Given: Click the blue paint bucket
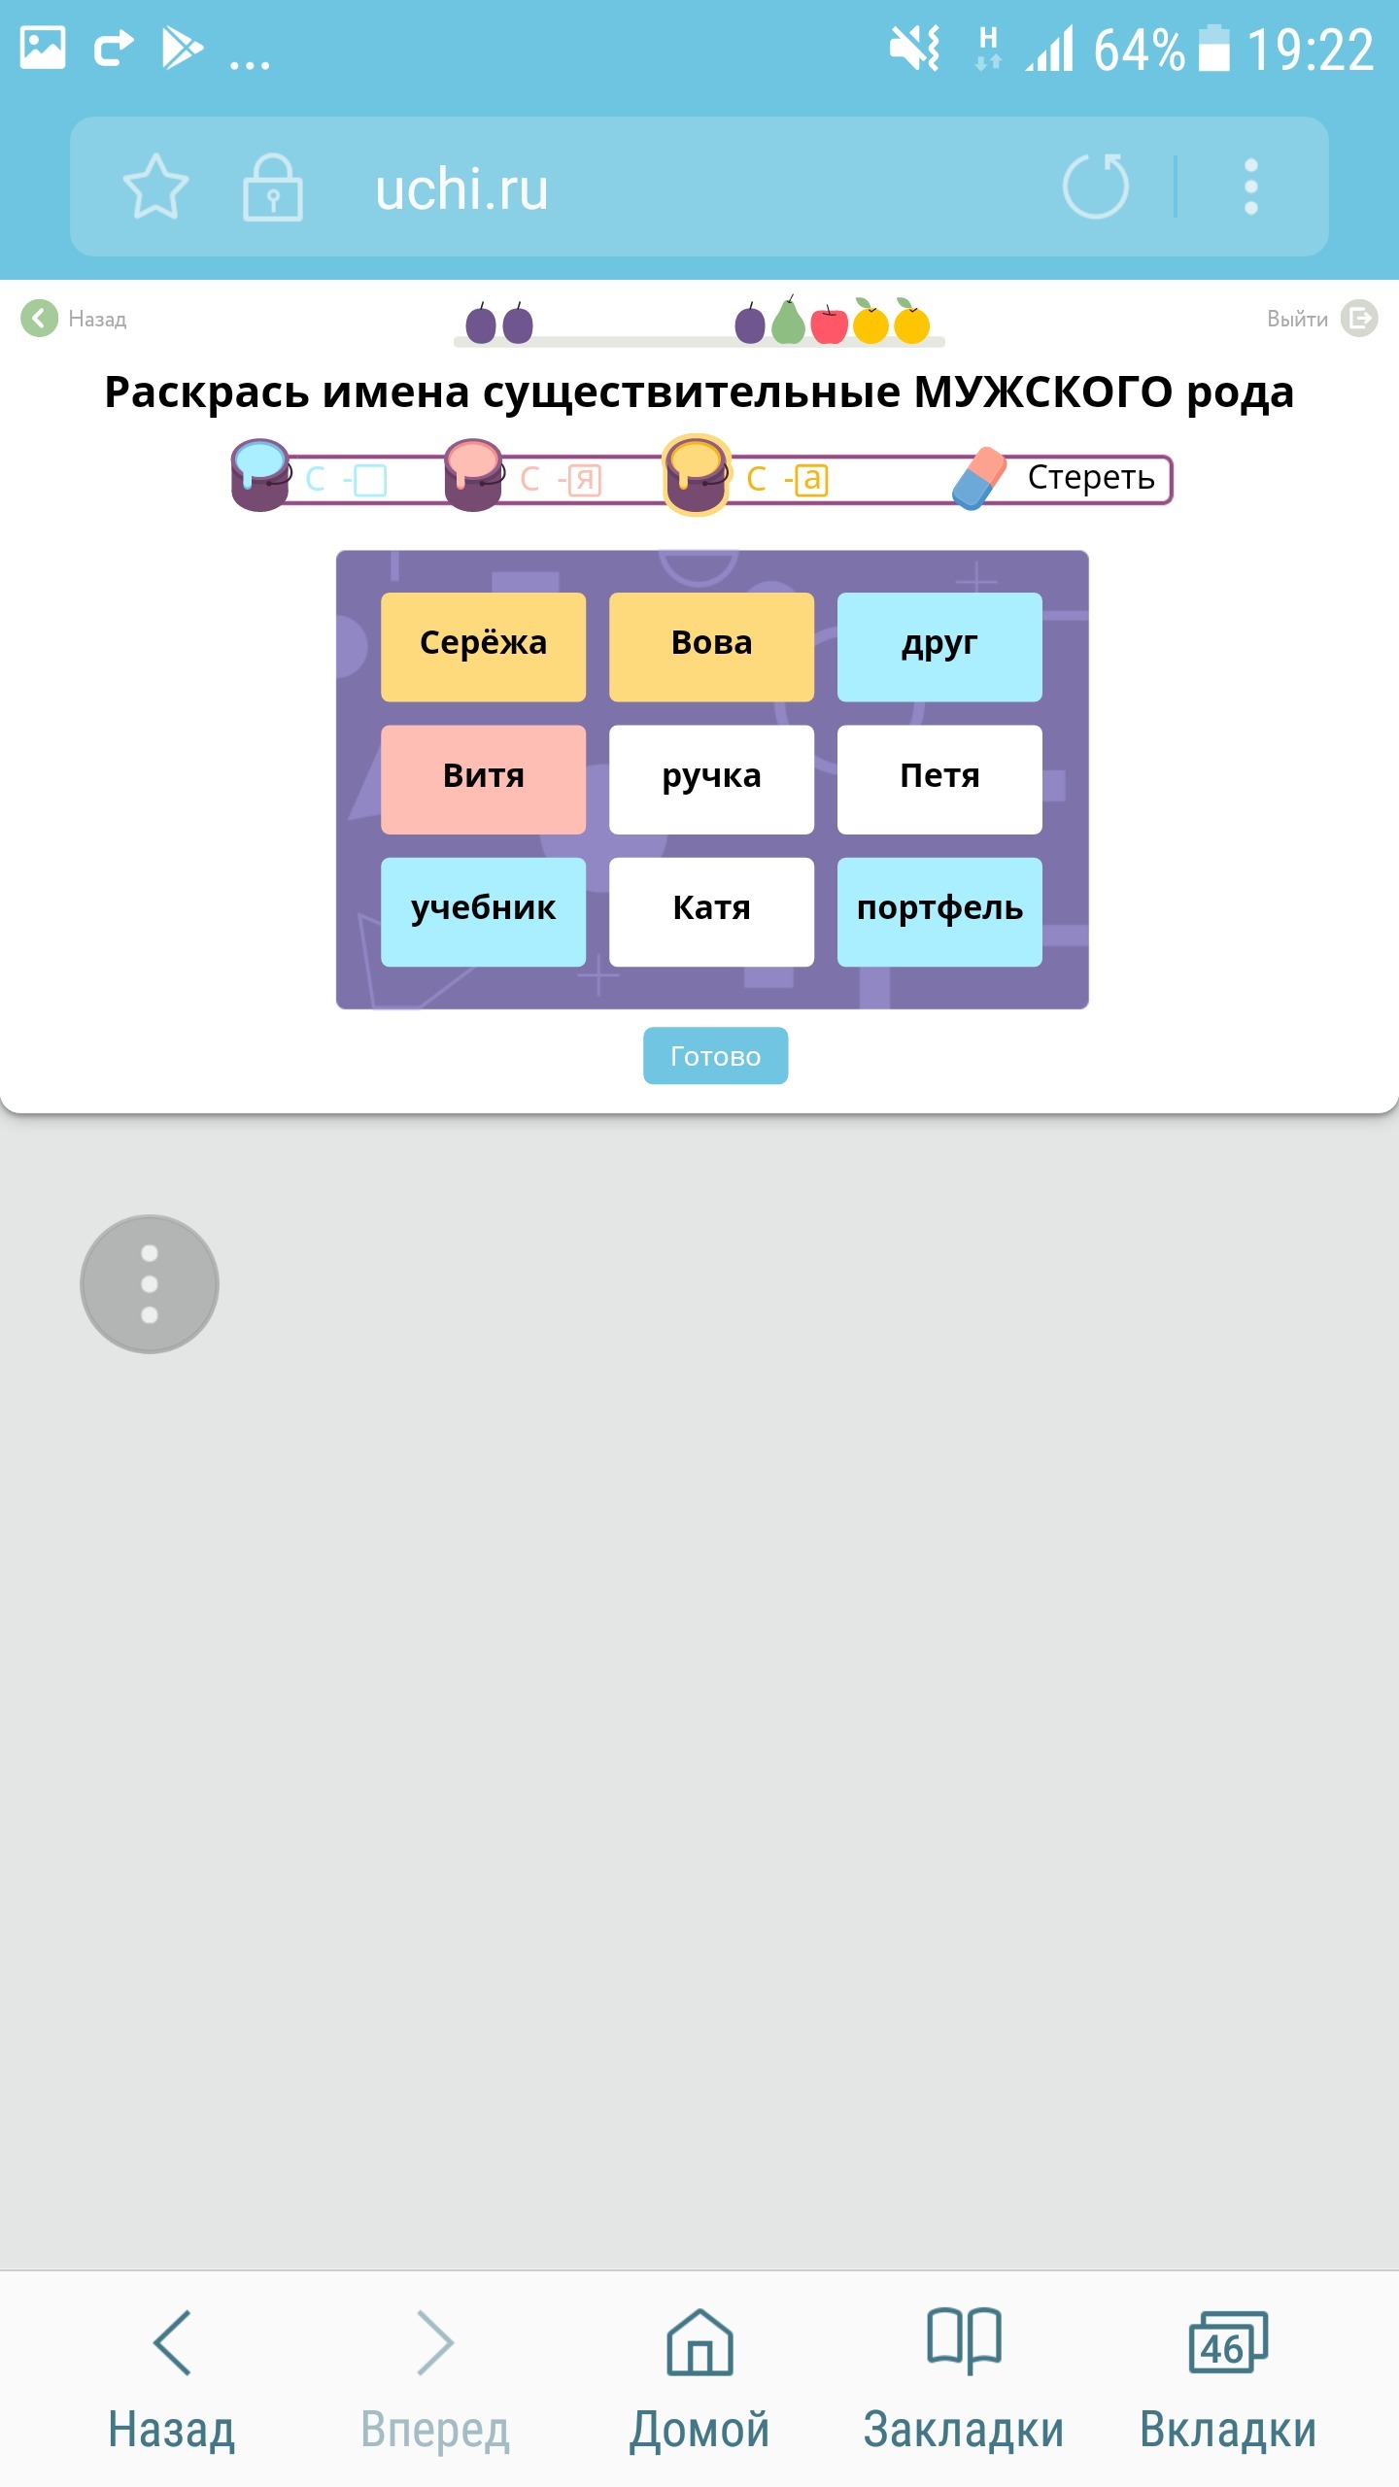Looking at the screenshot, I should click(x=260, y=474).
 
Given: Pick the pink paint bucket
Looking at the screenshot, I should click(x=473, y=474).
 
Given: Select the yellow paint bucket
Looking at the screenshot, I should click(x=696, y=474).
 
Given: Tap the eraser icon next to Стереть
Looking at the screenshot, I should click(x=979, y=478).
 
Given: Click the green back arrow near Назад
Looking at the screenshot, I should click(x=39, y=318).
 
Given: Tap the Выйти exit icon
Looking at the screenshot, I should click(x=1359, y=318).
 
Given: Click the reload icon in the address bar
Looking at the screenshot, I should click(x=1095, y=186).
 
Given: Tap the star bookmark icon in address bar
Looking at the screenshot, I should click(x=155, y=186).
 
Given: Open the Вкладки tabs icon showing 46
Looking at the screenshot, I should click(x=1228, y=2343).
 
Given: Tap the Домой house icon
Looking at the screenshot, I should click(x=699, y=2343).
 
